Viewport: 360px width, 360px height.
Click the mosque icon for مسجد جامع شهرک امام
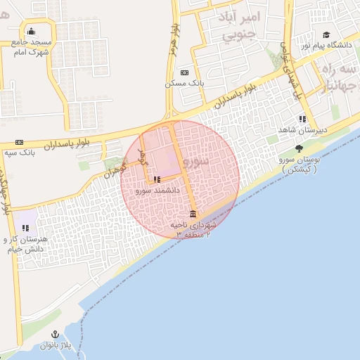[31, 31]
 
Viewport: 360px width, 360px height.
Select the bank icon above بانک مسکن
[184, 72]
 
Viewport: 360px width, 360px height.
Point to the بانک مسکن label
[184, 83]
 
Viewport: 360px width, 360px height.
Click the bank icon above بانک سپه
[19, 142]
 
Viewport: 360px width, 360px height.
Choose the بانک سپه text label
[20, 153]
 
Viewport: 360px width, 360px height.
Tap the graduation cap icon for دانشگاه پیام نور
[326, 34]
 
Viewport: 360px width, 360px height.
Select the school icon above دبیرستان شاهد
[302, 119]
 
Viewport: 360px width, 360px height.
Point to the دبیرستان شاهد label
[304, 130]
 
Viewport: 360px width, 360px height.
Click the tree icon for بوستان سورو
[300, 148]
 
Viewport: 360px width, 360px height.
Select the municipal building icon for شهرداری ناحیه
[193, 214]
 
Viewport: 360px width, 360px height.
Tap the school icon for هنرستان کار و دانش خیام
[26, 228]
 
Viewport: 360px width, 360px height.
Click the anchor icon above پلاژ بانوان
[55, 334]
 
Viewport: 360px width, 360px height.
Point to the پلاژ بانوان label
[56, 345]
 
